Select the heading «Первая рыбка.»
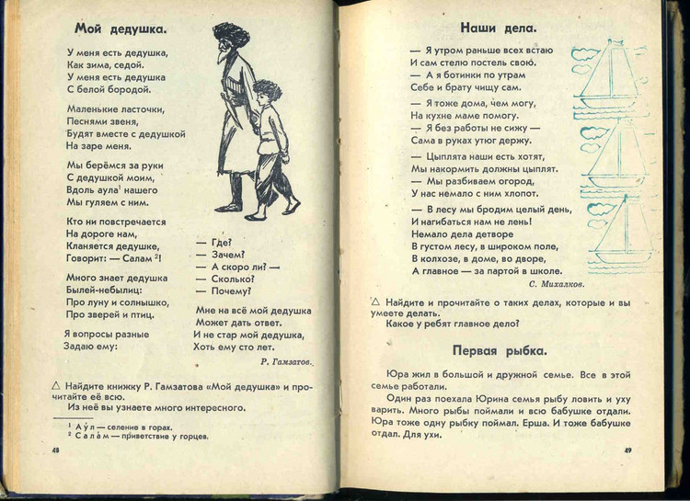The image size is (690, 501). coord(499,350)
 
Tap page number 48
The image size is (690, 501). coord(56,450)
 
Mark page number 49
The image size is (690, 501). coord(627,451)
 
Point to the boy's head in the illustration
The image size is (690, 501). coord(266,92)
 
